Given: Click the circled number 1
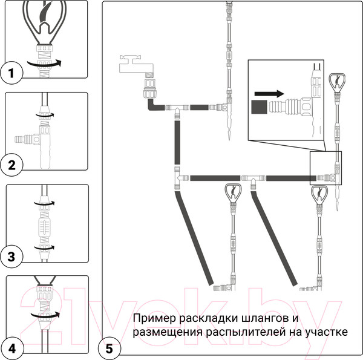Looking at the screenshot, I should pos(12,74).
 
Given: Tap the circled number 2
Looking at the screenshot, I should pos(12,164).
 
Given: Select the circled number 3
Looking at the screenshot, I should pos(12,257).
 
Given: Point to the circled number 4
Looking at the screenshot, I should pos(12,348).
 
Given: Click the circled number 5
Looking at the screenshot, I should pos(110,348).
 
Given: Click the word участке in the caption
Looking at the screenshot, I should pos(326,333).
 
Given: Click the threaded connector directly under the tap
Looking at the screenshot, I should pos(148,92).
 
